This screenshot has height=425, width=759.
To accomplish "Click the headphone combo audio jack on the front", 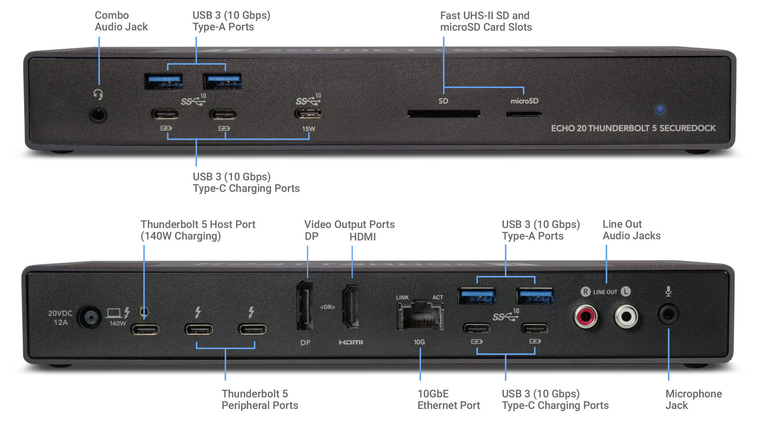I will click(x=98, y=116).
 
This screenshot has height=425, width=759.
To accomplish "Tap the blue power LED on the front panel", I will click(x=660, y=109).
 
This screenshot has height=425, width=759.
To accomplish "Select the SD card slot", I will click(x=443, y=114).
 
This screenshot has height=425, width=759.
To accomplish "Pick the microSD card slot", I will click(x=524, y=114).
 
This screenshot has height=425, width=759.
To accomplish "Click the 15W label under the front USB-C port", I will click(x=309, y=129).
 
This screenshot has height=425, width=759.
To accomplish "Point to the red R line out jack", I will click(x=585, y=317).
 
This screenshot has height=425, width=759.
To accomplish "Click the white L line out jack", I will click(x=626, y=317).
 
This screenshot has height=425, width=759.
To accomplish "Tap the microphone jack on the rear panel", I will click(x=668, y=315).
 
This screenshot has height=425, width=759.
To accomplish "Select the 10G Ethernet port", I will click(x=419, y=315).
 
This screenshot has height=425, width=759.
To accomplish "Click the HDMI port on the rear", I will click(x=351, y=306).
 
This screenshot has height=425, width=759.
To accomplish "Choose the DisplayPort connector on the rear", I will click(x=304, y=305).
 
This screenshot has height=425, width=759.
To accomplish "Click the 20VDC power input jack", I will click(x=90, y=317).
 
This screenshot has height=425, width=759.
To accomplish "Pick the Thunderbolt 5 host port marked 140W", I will click(x=145, y=329).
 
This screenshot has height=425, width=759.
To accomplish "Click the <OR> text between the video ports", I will click(x=328, y=307).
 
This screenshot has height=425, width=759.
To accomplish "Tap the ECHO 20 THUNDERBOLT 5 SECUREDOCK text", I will click(x=633, y=128).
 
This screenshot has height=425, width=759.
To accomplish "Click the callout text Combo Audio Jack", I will click(x=121, y=21).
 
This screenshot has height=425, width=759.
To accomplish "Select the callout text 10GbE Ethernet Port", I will click(x=448, y=399).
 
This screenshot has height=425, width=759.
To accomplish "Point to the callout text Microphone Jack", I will click(x=693, y=399).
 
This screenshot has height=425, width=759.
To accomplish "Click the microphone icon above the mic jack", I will click(x=668, y=291).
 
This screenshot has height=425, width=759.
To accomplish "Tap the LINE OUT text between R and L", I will click(x=605, y=292).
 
